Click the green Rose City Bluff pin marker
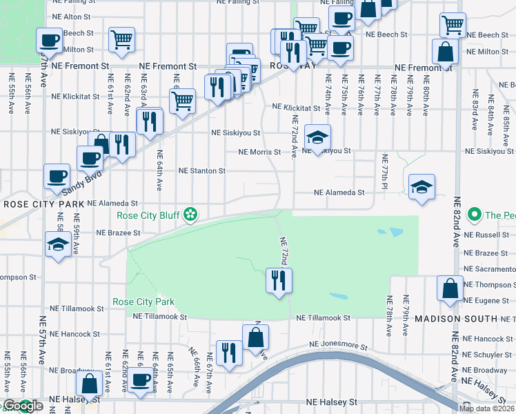(190, 216)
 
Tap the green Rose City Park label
(143, 302)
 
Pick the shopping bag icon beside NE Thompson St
(450, 289)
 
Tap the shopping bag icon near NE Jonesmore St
(255, 337)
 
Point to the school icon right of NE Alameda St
(421, 186)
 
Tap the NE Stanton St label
(202, 170)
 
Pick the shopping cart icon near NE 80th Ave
(453, 26)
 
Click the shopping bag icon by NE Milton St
(445, 51)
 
